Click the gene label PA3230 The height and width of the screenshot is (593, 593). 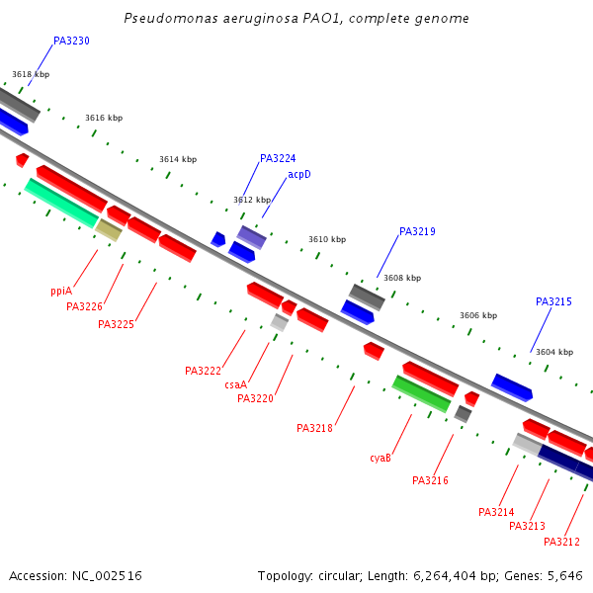pos(71,42)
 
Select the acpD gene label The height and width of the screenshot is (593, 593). pos(299,175)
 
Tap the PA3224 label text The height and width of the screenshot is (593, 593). pos(278,158)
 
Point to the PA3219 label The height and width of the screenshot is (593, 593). pos(417,232)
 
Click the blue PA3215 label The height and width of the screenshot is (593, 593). pos(553,302)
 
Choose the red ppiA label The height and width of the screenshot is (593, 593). pos(61,292)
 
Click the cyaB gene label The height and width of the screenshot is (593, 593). pos(381,458)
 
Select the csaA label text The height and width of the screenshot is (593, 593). pos(235,384)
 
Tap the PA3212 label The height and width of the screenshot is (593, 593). pos(561,542)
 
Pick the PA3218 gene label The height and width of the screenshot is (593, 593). pos(314,428)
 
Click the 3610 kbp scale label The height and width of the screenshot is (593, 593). pos(327,239)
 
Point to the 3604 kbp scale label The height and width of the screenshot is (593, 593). pos(552,352)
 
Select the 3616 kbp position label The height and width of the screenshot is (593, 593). pos(104,118)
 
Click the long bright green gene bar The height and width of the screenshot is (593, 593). pos(421,393)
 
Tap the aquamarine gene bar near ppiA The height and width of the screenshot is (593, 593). pos(61,203)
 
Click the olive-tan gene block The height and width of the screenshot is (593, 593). pos(109,230)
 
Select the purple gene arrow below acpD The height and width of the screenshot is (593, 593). pos(251,237)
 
